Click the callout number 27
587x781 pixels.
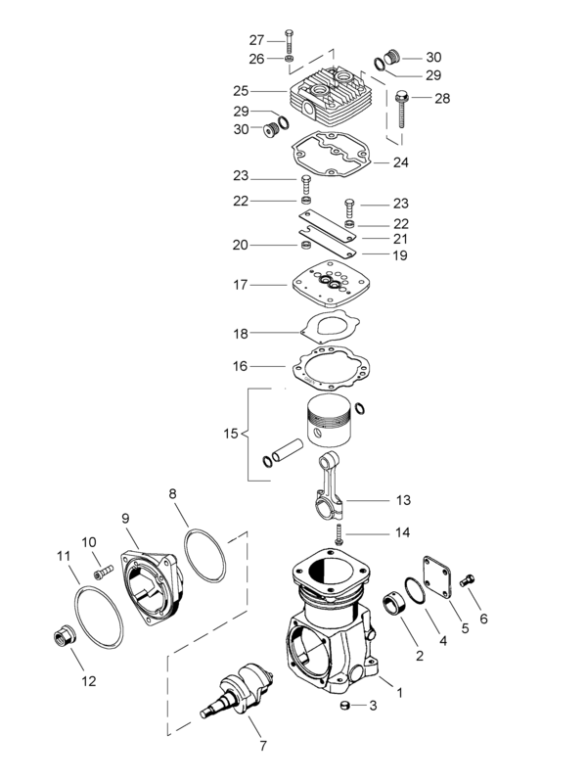[256, 40]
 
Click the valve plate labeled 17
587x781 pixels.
[327, 285]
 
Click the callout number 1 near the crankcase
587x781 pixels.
[398, 692]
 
